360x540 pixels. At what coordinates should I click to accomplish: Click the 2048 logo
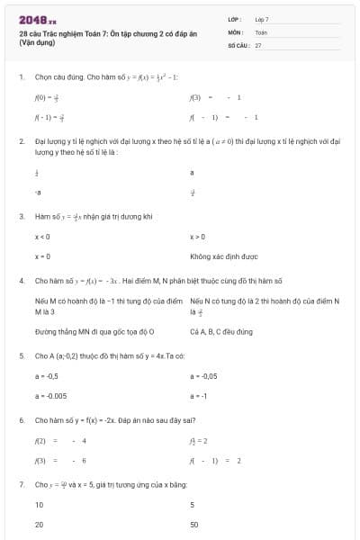click(x=37, y=19)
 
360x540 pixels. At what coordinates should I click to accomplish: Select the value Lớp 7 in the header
click(x=262, y=19)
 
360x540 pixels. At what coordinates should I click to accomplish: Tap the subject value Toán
click(x=261, y=31)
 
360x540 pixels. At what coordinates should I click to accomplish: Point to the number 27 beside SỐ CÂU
click(x=258, y=44)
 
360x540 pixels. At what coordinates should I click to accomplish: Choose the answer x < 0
click(x=42, y=237)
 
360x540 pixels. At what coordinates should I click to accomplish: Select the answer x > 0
click(x=198, y=237)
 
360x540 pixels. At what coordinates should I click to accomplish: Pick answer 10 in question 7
click(x=39, y=504)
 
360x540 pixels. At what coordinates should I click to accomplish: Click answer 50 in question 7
click(x=194, y=524)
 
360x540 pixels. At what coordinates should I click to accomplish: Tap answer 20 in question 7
click(x=39, y=524)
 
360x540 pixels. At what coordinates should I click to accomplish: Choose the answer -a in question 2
click(x=38, y=192)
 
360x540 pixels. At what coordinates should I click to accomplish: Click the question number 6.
click(x=21, y=420)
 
